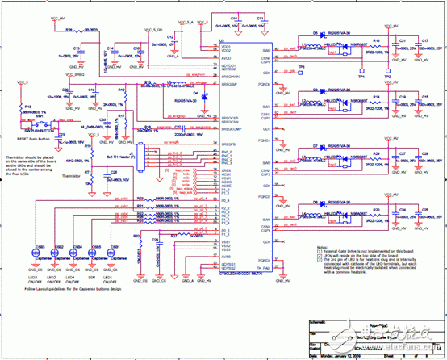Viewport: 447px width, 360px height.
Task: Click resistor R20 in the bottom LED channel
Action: click(378, 211)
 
